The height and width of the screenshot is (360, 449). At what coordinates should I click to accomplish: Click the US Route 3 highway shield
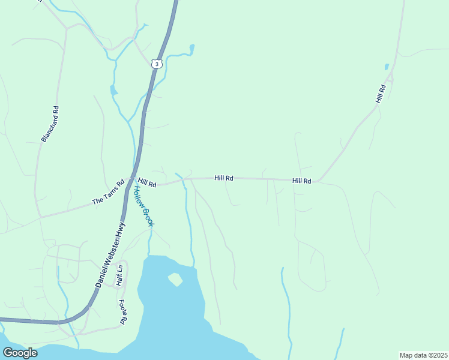click(157, 63)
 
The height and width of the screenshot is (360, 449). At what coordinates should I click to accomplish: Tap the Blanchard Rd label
click(51, 124)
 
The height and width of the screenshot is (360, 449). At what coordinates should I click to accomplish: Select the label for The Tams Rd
click(107, 193)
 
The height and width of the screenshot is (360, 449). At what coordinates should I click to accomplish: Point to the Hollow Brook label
click(143, 206)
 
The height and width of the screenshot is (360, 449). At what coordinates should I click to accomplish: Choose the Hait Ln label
click(119, 275)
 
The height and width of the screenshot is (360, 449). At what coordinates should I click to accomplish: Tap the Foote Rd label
click(122, 312)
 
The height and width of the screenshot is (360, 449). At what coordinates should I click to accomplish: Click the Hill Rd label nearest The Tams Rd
click(146, 182)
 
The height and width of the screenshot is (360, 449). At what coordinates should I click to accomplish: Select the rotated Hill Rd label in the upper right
click(381, 93)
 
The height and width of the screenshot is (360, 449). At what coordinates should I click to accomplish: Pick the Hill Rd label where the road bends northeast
click(301, 181)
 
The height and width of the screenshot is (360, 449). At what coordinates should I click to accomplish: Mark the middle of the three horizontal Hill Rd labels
click(224, 178)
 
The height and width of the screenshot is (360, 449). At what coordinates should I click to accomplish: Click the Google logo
click(20, 353)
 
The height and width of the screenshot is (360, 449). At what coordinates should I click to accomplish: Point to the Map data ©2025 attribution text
click(423, 355)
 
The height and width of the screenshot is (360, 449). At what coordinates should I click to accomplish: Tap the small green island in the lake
click(175, 279)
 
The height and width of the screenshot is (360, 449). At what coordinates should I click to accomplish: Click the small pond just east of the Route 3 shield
click(191, 47)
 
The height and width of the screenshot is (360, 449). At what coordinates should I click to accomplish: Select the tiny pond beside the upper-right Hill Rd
click(387, 67)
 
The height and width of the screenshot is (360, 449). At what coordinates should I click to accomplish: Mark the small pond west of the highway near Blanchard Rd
click(113, 91)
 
